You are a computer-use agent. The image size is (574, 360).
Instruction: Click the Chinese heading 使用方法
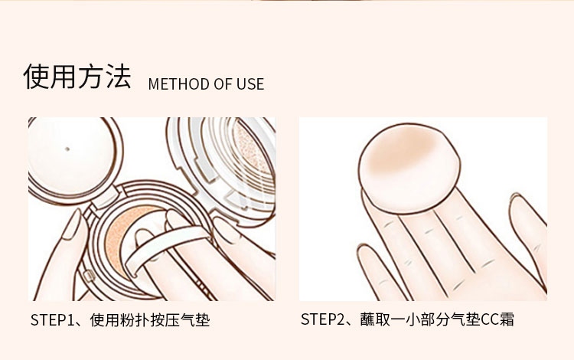tap(77, 76)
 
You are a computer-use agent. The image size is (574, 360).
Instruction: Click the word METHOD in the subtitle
tap(178, 83)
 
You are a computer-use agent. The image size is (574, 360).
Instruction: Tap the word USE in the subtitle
tap(250, 83)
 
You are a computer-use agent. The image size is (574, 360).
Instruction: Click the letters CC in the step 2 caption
tap(488, 319)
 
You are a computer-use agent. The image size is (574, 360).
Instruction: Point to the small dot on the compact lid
tap(67, 149)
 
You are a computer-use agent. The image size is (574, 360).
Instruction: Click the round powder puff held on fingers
tap(409, 168)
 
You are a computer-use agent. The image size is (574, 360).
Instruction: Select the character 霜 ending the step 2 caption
tap(506, 319)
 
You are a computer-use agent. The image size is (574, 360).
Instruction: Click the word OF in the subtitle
tap(222, 83)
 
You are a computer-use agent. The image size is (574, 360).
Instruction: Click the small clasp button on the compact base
tap(89, 276)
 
